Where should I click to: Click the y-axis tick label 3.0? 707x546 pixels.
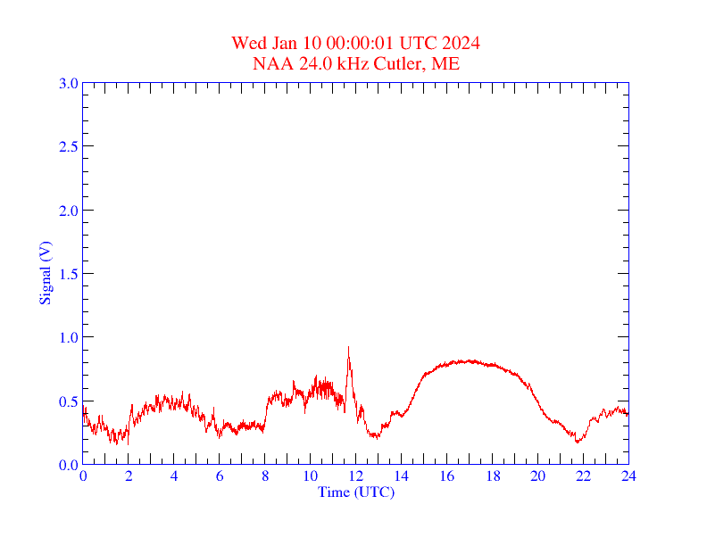[68, 83]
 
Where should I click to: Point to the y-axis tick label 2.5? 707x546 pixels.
[68, 146]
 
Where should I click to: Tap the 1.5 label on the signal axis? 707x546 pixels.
[68, 274]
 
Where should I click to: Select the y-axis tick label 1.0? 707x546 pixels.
[68, 337]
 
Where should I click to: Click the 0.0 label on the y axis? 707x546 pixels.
[68, 465]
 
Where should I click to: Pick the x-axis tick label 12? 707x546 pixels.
[355, 476]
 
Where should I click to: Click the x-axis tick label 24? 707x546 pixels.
[628, 476]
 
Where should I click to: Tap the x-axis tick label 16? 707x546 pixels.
[446, 476]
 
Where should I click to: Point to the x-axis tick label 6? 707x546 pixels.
[220, 476]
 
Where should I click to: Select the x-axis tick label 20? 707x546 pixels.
[537, 476]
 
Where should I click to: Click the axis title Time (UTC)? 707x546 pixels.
[355, 492]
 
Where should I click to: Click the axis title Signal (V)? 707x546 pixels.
[45, 273]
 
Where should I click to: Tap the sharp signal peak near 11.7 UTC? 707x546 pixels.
[348, 347]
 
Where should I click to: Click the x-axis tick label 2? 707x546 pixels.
[129, 476]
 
